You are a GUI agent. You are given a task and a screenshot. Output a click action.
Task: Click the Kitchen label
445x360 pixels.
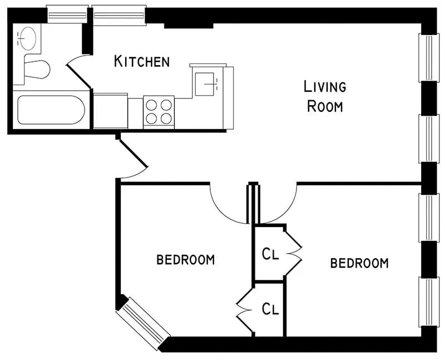(x=142, y=61)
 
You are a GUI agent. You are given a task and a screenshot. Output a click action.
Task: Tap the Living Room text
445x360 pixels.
(x=325, y=96)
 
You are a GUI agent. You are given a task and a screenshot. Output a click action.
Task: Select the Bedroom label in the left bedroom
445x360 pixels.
(x=185, y=259)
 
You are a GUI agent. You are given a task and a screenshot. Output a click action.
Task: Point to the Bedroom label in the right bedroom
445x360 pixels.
(x=359, y=263)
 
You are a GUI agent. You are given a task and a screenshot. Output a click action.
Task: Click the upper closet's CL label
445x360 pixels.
(x=270, y=254)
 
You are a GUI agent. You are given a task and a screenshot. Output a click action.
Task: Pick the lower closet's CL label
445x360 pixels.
(x=270, y=309)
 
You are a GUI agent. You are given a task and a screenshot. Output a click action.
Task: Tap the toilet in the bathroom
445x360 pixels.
(x=36, y=70)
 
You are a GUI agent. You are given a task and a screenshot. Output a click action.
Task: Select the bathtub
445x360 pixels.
(x=51, y=110)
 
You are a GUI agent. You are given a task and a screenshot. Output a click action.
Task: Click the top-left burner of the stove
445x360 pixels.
(x=152, y=104)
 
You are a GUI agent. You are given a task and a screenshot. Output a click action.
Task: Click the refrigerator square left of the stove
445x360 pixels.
(x=110, y=111)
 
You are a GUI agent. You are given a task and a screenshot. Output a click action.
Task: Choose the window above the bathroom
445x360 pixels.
(x=67, y=14)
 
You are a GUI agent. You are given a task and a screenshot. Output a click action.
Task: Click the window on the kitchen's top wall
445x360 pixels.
(x=119, y=14)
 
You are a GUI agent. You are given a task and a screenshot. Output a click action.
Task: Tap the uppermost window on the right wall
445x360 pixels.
(x=428, y=57)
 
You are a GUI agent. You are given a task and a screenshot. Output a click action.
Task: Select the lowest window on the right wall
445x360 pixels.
(x=429, y=301)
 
